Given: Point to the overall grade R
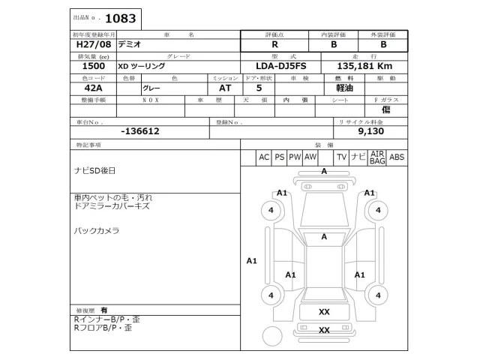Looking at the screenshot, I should pos(274,44).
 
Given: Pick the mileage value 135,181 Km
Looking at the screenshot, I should pos(369,66).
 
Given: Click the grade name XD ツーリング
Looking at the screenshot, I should pos(141,66).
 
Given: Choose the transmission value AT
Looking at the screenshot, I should pos(214,87).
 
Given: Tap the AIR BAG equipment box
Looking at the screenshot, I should pos(377,157).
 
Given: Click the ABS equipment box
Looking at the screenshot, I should pos(397,157).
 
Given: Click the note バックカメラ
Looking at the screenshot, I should pos(97,230).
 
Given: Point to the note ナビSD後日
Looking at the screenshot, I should pos(94,171).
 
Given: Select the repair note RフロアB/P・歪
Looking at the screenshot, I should pos(102,328).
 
